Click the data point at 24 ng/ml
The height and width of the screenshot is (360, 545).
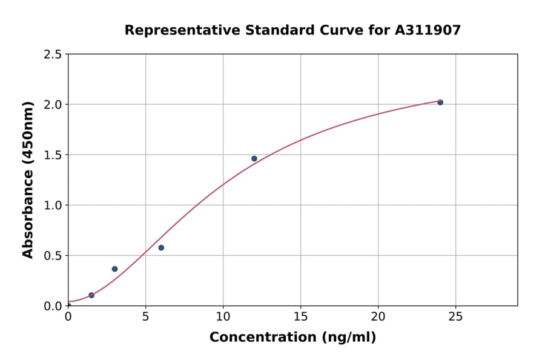[440, 102]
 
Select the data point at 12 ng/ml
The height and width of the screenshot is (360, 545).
[254, 159]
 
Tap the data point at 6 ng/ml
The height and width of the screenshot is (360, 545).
[161, 248]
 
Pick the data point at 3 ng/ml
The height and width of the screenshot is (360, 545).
[114, 269]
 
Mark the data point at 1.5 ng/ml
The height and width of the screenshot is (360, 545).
[91, 295]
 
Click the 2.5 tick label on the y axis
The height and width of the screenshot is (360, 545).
[53, 55]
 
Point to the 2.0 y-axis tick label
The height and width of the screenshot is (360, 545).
[53, 105]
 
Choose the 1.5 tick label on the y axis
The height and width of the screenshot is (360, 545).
[53, 155]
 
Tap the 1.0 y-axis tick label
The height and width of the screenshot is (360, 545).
[53, 205]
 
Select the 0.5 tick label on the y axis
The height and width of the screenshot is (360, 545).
[53, 256]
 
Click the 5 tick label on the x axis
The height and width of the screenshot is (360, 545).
[145, 317]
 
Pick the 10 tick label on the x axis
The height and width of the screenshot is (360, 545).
[223, 317]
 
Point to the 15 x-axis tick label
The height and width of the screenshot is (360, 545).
[300, 317]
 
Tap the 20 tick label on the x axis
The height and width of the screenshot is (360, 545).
[378, 317]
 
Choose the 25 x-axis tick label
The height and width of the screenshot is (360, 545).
[455, 317]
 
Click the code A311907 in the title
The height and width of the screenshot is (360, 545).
[428, 30]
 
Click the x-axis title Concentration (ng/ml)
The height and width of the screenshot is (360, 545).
[292, 338]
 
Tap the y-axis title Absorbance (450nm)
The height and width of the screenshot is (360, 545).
[28, 179]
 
